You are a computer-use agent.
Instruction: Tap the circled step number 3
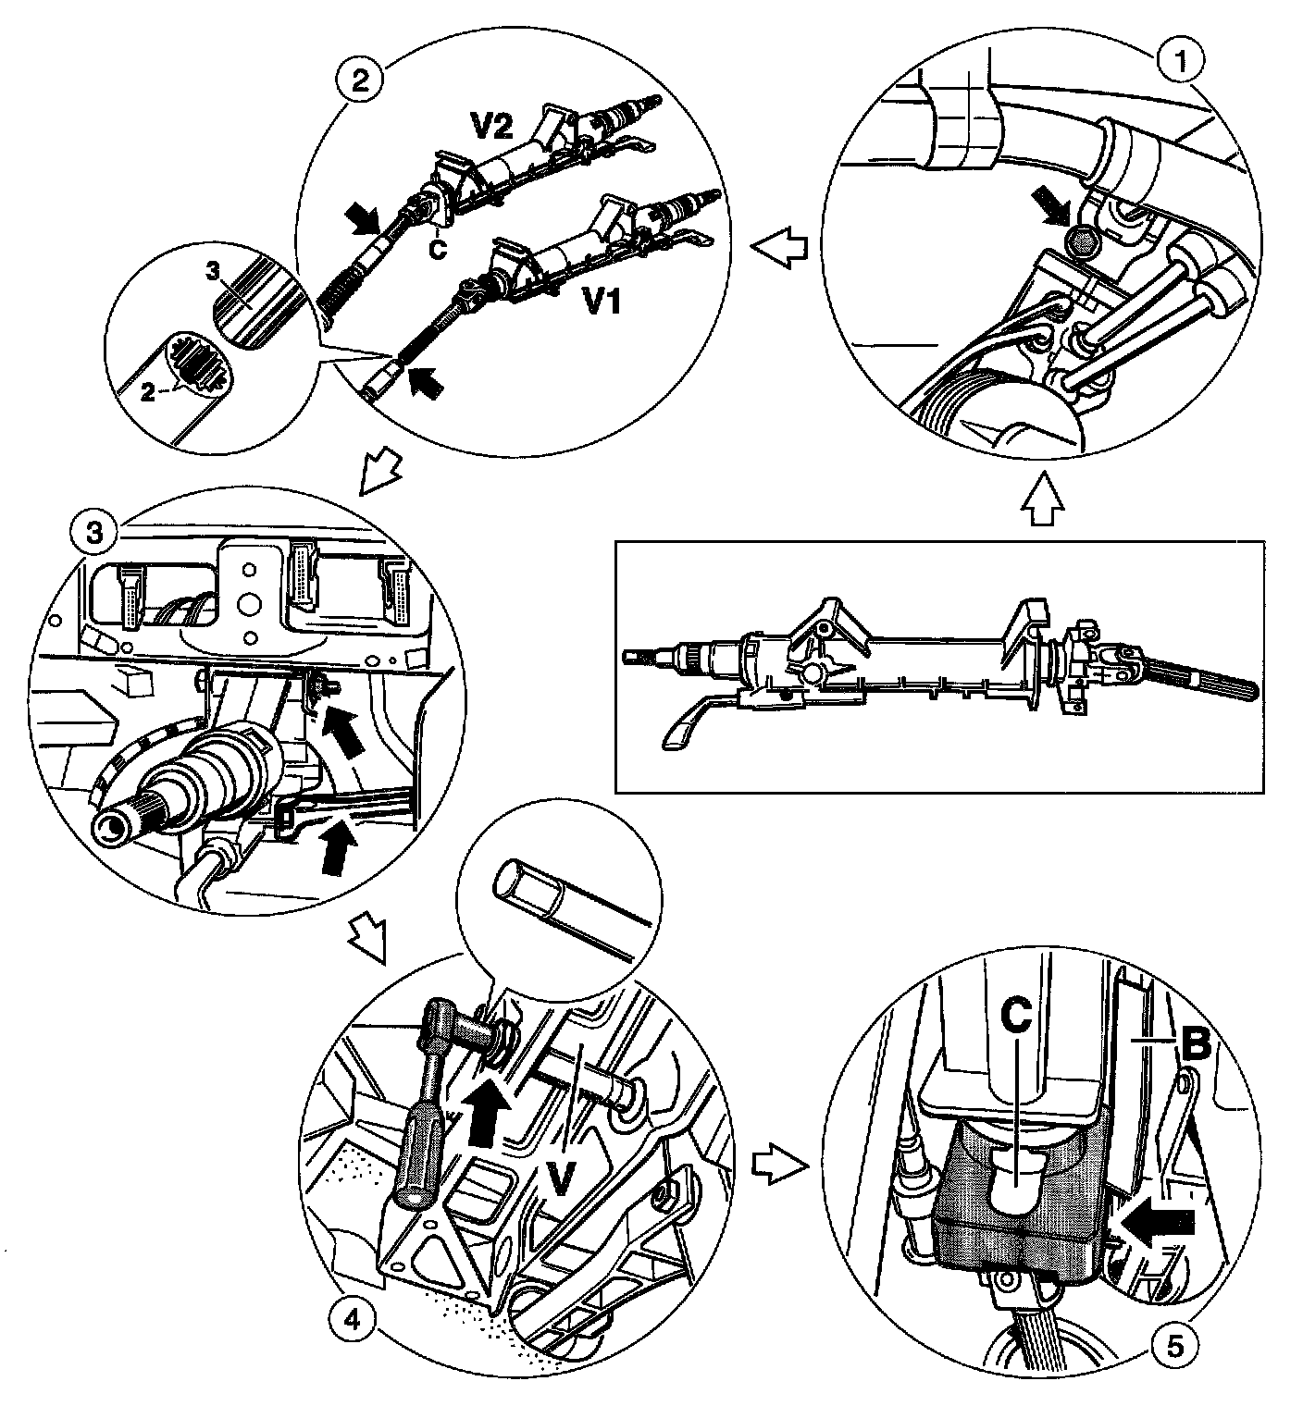pos(94,534)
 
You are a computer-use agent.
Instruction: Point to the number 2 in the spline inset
pos(147,389)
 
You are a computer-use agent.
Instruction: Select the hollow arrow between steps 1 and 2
pos(779,249)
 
